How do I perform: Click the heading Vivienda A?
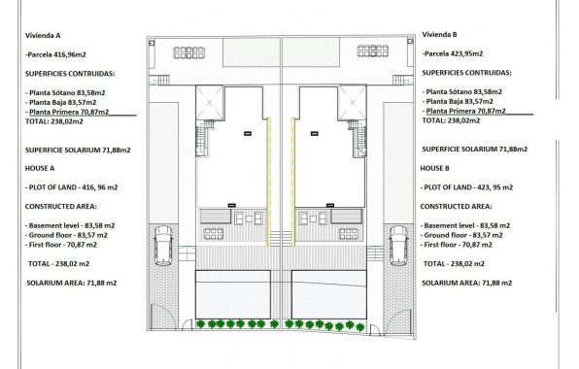tap(44, 35)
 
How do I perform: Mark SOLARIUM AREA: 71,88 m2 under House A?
tap(72, 283)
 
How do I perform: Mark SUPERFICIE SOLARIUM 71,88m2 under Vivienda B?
tap(475, 149)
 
